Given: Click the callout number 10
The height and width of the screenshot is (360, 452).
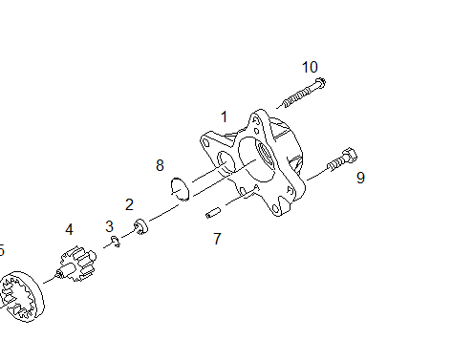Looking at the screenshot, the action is tap(310, 67).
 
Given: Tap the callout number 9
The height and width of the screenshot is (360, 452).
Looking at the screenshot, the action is tap(360, 178).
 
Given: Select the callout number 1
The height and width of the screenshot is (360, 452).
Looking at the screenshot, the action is tap(225, 116).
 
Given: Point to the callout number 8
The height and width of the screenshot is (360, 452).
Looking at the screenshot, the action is tap(160, 165).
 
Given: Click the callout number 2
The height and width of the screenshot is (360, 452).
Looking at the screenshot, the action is tap(129, 204).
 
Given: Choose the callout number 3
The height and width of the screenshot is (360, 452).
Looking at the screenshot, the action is tap(109, 226).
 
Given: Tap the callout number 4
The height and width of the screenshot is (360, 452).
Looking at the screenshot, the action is tap(69, 229).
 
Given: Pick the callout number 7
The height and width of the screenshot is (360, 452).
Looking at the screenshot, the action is tap(217, 239).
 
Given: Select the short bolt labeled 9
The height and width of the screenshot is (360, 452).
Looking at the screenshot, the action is tap(342, 160).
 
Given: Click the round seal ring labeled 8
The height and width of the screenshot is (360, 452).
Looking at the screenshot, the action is tap(181, 189).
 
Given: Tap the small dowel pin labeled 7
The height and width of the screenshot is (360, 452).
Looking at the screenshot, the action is tap(213, 213).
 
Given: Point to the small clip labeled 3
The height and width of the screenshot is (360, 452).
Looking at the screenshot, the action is tap(116, 242).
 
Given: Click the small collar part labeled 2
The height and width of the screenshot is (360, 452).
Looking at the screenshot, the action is tap(140, 226).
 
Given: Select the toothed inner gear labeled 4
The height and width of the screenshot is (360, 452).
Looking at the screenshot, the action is tap(75, 264).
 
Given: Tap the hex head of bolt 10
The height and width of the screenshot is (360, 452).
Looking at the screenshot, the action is tap(320, 82).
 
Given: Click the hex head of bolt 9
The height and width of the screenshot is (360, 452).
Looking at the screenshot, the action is tap(350, 155).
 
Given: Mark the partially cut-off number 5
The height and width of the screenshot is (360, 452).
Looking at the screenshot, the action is tap(2, 250).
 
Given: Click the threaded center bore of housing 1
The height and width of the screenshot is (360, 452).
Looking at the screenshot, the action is tap(266, 156).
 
